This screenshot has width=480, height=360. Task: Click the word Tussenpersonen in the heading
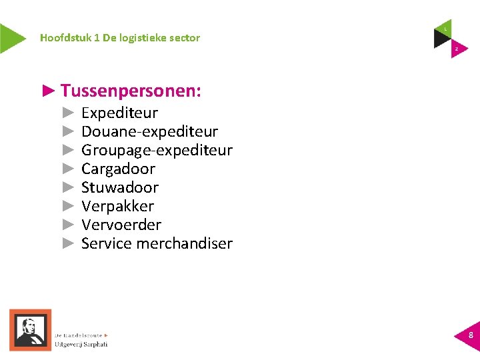pyautogui.click(x=131, y=91)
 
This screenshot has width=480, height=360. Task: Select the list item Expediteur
pyautogui.click(x=119, y=113)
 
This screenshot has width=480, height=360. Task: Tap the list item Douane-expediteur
pyautogui.click(x=149, y=132)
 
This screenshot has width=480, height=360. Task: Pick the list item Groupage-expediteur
pyautogui.click(x=157, y=151)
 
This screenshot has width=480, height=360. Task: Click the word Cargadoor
pyautogui.click(x=118, y=169)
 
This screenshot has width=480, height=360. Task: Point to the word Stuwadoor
pyautogui.click(x=120, y=188)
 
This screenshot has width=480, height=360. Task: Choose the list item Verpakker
pyautogui.click(x=117, y=207)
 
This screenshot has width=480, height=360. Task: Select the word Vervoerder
pyautogui.click(x=121, y=225)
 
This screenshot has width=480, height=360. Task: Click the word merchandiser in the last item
pyautogui.click(x=184, y=244)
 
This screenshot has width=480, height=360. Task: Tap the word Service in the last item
pyautogui.click(x=107, y=244)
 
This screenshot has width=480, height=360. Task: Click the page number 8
pyautogui.click(x=471, y=335)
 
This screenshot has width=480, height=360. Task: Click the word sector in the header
pyautogui.click(x=185, y=38)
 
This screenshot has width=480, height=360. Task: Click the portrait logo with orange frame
pyautogui.click(x=29, y=329)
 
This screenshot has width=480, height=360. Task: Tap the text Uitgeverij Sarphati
pyautogui.click(x=81, y=344)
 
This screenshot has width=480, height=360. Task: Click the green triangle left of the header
pyautogui.click(x=11, y=38)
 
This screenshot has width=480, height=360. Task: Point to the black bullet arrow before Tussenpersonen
pyautogui.click(x=48, y=91)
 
